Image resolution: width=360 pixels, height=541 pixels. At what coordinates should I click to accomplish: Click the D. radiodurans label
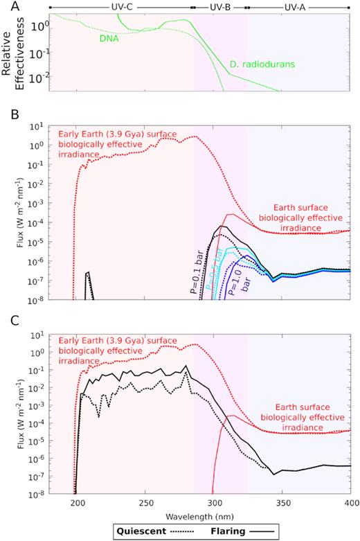260,66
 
